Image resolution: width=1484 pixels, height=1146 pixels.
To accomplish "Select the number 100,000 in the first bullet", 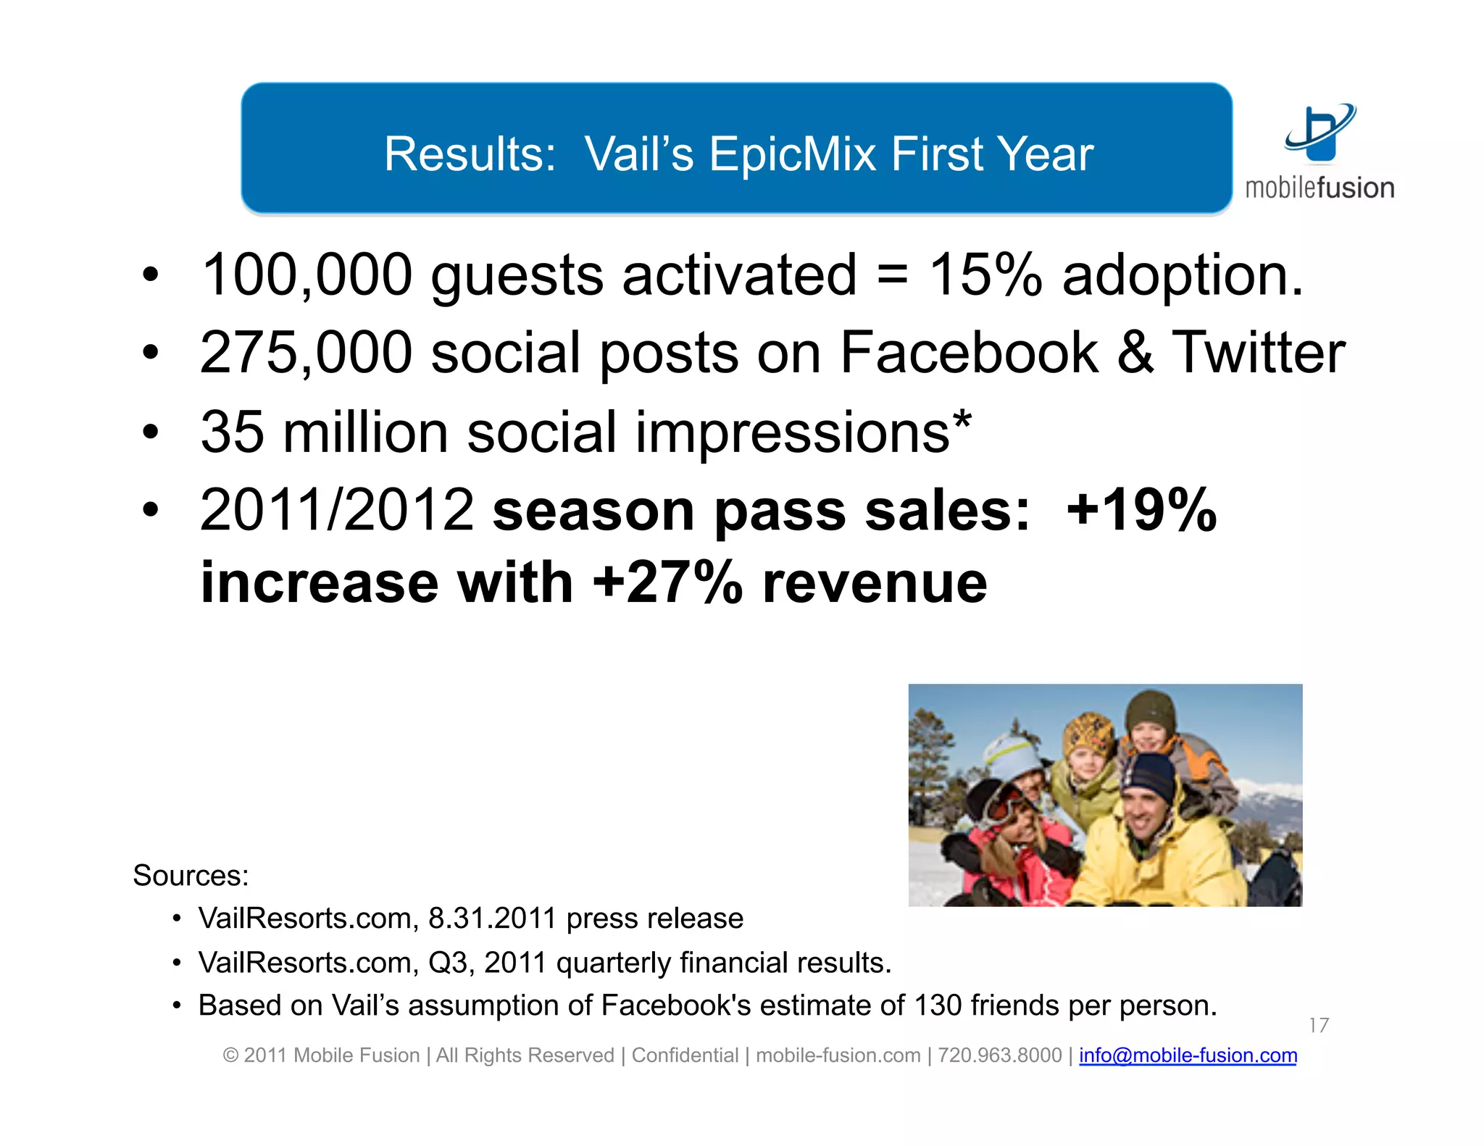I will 307,275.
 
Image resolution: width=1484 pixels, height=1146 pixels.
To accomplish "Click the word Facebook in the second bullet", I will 969,353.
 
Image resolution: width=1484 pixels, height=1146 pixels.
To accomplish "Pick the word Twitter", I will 1258,353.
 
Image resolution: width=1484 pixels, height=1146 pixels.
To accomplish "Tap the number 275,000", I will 307,353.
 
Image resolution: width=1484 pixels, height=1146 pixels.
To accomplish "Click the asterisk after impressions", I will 962,420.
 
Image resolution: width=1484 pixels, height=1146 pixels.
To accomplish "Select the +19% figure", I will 1142,510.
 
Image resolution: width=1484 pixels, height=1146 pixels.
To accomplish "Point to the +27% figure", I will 667,582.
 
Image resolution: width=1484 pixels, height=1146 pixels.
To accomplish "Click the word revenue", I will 875,584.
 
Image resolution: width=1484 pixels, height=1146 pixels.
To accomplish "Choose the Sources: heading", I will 191,876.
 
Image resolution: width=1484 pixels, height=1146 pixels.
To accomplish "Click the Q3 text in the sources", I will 447,963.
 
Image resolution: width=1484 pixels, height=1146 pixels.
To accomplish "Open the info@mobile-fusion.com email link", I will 1188,1055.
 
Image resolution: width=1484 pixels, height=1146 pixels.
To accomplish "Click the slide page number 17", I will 1318,1025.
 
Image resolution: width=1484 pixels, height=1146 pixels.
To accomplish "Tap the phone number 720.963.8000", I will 999,1055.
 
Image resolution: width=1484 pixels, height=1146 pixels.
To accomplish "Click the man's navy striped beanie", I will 1148,777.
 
